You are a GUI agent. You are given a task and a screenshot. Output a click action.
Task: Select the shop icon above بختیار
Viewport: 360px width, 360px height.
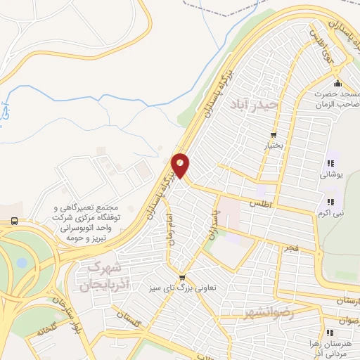coord(274,135)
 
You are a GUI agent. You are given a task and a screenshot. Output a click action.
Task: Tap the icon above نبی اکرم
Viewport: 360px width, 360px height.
coord(329,202)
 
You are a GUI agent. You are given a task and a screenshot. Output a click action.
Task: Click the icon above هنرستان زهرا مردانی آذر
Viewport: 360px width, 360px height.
coord(328,333)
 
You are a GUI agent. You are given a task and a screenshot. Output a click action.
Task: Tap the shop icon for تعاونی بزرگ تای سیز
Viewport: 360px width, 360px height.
coord(182,277)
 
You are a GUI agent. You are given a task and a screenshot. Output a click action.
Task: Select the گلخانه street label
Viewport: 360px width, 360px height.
coord(43,330)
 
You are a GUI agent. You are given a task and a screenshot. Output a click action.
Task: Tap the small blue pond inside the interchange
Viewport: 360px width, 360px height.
coord(22,263)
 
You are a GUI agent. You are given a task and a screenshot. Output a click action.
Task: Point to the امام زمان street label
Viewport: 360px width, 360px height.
coord(167,229)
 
